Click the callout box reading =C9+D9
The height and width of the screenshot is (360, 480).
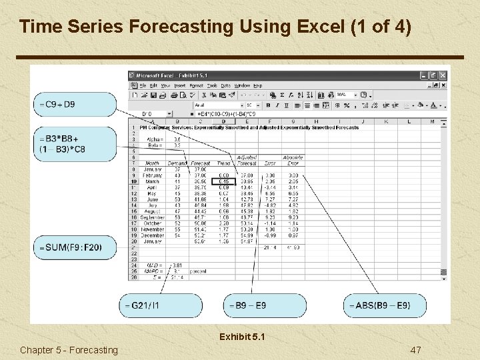coord(75,104)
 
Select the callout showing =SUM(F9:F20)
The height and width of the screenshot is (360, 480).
coord(75,247)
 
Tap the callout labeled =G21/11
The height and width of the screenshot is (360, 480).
coord(161,305)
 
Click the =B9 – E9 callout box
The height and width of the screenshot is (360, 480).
coord(265,305)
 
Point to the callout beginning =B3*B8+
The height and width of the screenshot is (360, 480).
coord(75,144)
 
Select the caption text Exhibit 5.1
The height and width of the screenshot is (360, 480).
coord(242,337)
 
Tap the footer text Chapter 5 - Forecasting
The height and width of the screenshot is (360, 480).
coord(69,350)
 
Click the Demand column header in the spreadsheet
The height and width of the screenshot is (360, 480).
coord(177,163)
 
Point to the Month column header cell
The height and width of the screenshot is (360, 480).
coord(153,163)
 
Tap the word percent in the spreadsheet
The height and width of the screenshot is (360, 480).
coord(199,271)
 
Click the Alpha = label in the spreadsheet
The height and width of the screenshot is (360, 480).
coord(154,139)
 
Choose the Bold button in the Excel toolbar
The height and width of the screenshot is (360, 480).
coord(268,105)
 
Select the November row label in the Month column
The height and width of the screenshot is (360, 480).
coord(152,229)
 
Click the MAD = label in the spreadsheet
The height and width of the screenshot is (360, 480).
coord(155,265)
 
